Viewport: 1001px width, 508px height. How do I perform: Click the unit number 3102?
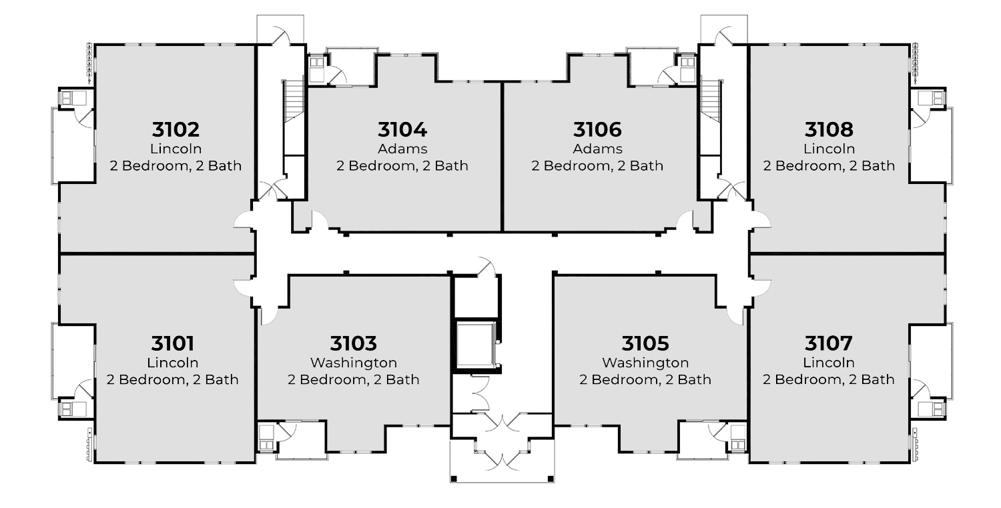coord(176,129)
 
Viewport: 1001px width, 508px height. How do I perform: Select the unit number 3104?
coord(402,129)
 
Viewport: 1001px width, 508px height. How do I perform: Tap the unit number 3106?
coord(597,129)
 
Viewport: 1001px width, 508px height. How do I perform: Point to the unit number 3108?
coord(829,129)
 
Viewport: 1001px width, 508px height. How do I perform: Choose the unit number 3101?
coord(172,343)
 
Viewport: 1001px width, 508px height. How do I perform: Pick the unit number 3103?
coord(354,343)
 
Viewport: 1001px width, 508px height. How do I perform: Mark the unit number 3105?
coord(645,343)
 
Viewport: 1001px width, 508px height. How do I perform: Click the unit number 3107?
coord(829,343)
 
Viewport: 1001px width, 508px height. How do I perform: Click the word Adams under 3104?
coord(402,149)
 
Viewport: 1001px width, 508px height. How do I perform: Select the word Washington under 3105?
coord(645,363)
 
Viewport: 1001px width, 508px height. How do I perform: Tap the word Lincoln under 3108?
coord(829,149)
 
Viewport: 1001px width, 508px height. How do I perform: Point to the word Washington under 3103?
coord(354,363)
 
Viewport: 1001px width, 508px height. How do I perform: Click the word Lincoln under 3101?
coord(172,363)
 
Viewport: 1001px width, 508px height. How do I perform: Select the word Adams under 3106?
coord(597,149)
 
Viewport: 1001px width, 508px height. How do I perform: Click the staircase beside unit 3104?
coord(294,101)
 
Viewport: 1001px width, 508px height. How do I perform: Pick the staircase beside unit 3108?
coord(711,101)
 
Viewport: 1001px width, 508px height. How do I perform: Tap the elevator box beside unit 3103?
coord(475,345)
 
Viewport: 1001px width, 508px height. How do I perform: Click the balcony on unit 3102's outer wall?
coord(73,145)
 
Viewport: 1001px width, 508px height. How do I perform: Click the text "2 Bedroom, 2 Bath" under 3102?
coord(176,166)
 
